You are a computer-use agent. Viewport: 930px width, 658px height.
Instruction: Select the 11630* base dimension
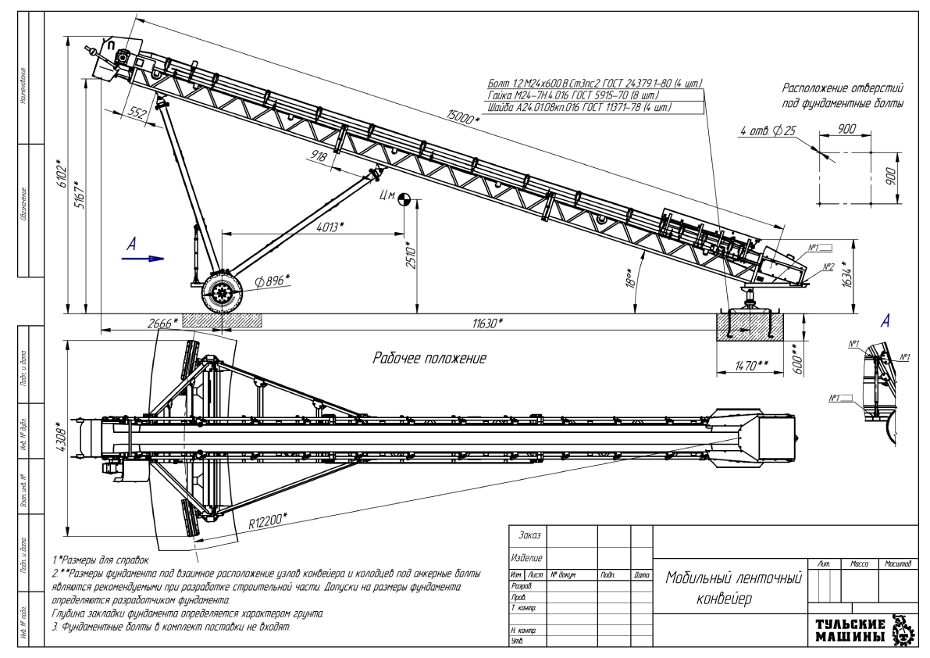click(x=486, y=322)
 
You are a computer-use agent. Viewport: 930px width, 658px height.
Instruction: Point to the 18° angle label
click(x=629, y=274)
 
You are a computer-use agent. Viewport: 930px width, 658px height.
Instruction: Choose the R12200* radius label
click(x=268, y=520)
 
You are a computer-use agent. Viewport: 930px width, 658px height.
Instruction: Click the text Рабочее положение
click(x=429, y=359)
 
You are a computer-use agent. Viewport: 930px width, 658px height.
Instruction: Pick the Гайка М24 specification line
click(x=578, y=95)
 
